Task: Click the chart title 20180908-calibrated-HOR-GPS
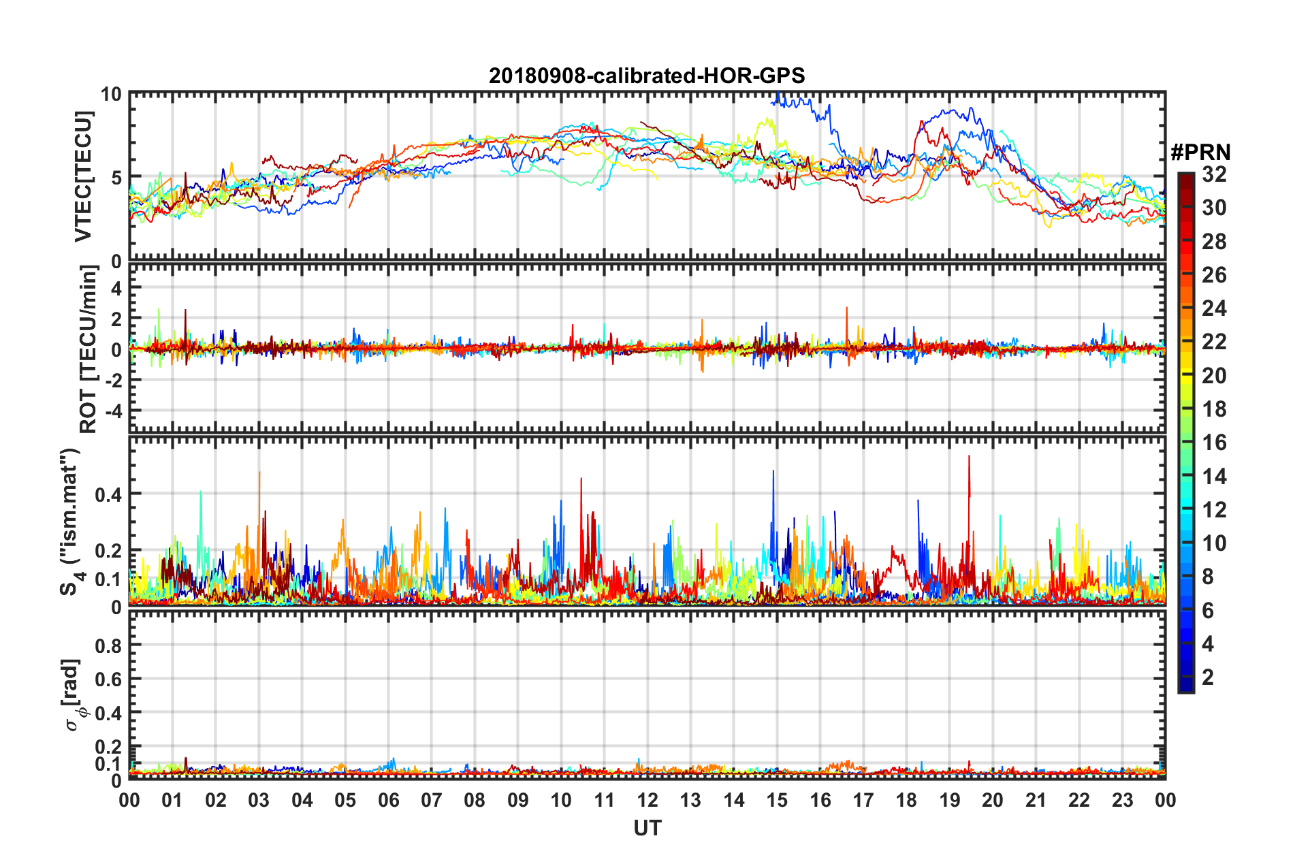(x=647, y=76)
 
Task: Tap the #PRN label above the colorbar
(x=1200, y=152)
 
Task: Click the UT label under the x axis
(x=647, y=828)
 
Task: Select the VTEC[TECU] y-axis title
(x=83, y=177)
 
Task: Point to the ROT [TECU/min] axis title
(x=89, y=349)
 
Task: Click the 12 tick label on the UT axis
(x=647, y=800)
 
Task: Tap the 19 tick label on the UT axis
(x=950, y=800)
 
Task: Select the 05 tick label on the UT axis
(x=345, y=800)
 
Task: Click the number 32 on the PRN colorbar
(x=1214, y=175)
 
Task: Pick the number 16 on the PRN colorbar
(x=1214, y=443)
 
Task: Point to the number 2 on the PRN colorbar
(x=1208, y=677)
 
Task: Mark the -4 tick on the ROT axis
(x=114, y=411)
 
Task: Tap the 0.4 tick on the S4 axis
(x=108, y=494)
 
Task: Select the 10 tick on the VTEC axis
(x=112, y=94)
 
